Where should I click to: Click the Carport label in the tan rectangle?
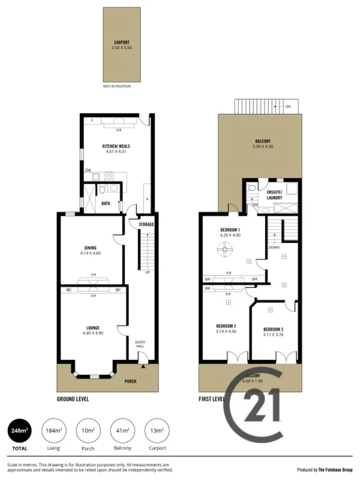[x=122, y=42]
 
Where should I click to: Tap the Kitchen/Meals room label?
[x=116, y=146]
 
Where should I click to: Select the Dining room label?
[x=91, y=248]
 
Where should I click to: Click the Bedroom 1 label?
[x=230, y=230]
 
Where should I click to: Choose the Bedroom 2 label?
[x=226, y=326]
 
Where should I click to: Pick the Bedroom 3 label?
[x=273, y=329]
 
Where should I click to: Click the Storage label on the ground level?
[x=146, y=224]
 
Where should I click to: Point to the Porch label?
[x=130, y=382]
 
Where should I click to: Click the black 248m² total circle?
[x=19, y=430]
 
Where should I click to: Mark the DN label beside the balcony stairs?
[x=288, y=106]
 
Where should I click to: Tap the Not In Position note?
[x=116, y=86]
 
